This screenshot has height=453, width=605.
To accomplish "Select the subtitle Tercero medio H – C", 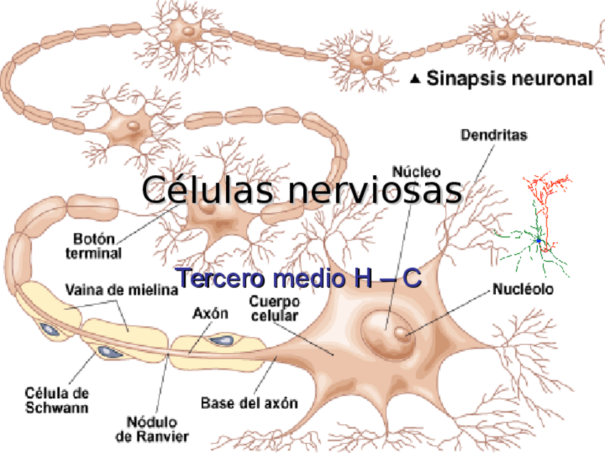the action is [x=298, y=278].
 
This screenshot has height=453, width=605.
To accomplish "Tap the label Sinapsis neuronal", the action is [x=509, y=79].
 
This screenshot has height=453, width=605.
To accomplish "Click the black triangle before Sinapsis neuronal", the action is [x=416, y=79].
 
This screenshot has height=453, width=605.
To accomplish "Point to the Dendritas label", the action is [x=494, y=134].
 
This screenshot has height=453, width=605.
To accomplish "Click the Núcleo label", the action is [x=416, y=172].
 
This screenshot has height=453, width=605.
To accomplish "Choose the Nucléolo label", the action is [x=523, y=290].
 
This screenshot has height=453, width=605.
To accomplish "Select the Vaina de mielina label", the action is [x=121, y=290].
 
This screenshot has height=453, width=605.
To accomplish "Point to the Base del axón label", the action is [x=248, y=403].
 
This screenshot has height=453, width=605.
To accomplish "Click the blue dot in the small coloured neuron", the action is [x=539, y=241].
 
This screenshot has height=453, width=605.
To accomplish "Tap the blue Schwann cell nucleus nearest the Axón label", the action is [x=220, y=340].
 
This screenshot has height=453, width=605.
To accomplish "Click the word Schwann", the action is [x=57, y=408].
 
